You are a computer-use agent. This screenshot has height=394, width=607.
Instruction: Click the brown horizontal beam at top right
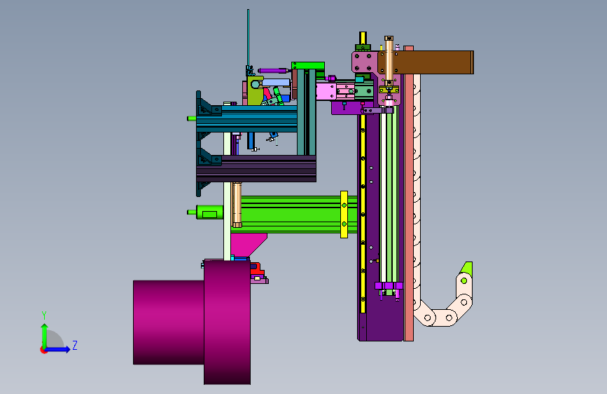click(433, 62)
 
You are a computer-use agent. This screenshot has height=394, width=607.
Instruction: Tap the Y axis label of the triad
click(44, 315)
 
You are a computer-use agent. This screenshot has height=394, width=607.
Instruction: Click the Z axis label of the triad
click(75, 345)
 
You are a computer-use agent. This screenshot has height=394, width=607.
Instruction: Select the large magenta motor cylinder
click(192, 322)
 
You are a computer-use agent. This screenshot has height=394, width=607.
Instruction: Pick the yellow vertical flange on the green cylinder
click(344, 215)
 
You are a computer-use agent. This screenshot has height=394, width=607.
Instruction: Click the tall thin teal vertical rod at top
click(248, 39)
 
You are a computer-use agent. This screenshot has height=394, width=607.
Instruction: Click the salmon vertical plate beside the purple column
click(408, 194)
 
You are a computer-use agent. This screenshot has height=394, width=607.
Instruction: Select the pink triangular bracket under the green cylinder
click(248, 244)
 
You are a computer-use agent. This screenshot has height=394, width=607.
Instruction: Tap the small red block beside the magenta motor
click(256, 269)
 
